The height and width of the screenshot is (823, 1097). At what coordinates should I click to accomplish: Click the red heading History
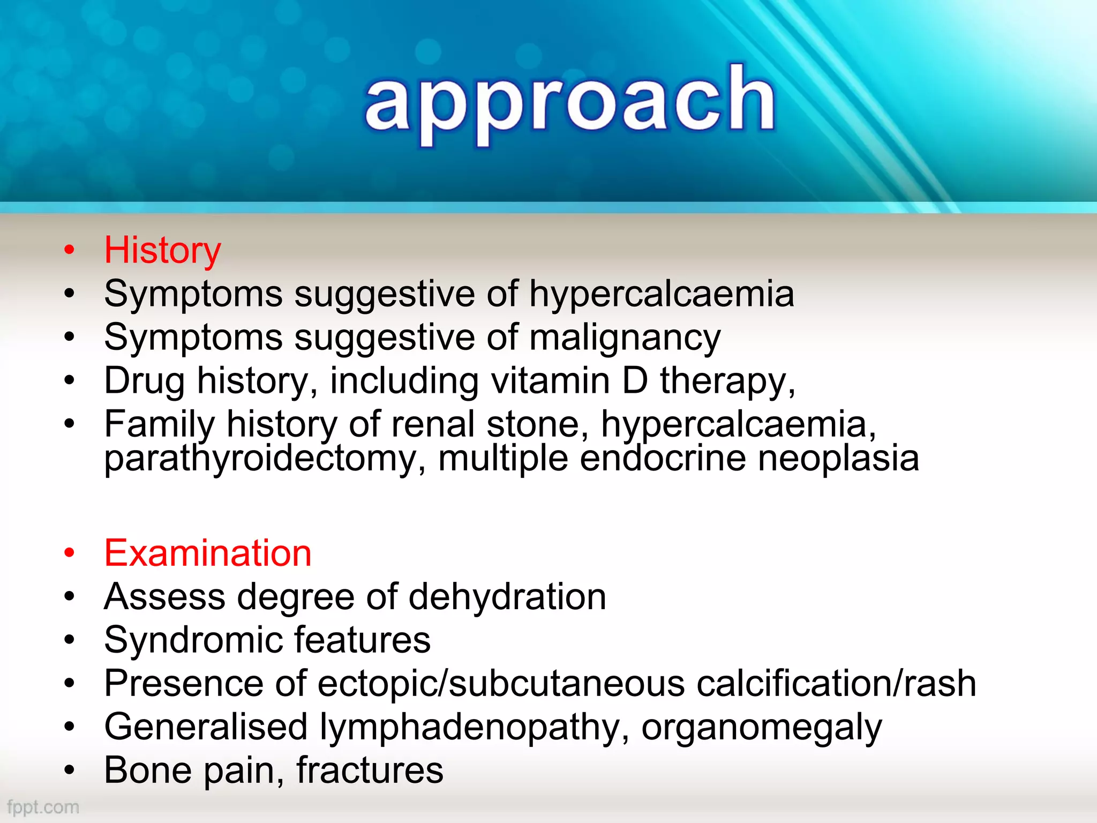pyautogui.click(x=162, y=250)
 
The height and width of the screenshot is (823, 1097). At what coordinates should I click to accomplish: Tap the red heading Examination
pyautogui.click(x=208, y=553)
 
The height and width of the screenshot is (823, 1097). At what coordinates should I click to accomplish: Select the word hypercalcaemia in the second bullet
pyautogui.click(x=662, y=294)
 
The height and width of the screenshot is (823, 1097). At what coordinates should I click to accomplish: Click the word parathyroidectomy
pyautogui.click(x=261, y=459)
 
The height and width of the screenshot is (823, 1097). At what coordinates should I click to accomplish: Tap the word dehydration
pyautogui.click(x=507, y=596)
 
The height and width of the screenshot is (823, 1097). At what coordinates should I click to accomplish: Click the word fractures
pyautogui.click(x=370, y=770)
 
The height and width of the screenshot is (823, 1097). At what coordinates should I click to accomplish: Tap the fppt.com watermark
pyautogui.click(x=43, y=807)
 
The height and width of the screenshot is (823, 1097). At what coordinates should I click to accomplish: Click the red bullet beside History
pyautogui.click(x=69, y=250)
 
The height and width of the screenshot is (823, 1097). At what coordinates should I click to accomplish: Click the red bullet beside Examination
pyautogui.click(x=69, y=553)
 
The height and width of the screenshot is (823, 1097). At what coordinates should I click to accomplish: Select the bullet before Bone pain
pyautogui.click(x=69, y=770)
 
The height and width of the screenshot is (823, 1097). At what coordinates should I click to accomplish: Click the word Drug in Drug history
pyautogui.click(x=144, y=381)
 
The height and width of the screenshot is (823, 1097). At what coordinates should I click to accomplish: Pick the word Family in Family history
pyautogui.click(x=159, y=424)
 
